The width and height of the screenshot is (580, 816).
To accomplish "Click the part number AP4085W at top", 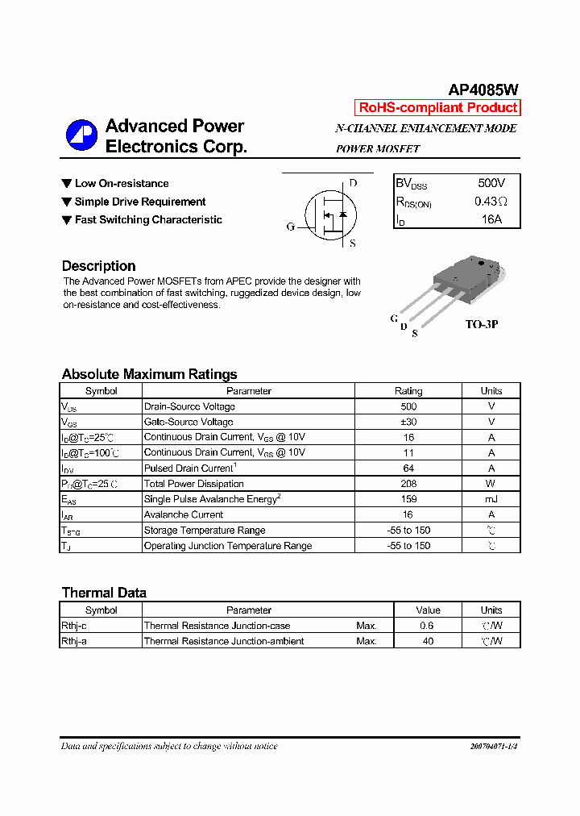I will (483, 91).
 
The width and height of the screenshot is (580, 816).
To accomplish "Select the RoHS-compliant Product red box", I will (437, 108).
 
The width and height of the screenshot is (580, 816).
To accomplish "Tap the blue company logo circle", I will (81, 135).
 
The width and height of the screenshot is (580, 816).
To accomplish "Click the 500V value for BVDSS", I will (491, 184).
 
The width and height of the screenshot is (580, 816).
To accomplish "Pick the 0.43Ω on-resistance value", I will (491, 202).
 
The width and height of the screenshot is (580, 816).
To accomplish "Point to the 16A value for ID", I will (491, 219).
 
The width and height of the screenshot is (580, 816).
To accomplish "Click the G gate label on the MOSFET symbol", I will (291, 227).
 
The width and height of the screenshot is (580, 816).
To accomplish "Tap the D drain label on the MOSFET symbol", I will (353, 183).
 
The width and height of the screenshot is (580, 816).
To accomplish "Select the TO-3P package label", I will (482, 324).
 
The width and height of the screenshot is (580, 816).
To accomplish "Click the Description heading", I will (98, 266).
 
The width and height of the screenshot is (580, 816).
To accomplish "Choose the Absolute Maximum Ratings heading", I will (149, 374).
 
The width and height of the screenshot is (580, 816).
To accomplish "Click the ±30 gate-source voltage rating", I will (408, 422).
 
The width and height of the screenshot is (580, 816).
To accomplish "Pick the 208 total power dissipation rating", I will (408, 484).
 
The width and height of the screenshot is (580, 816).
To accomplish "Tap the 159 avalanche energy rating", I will (408, 499).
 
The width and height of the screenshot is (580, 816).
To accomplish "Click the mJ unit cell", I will (491, 499).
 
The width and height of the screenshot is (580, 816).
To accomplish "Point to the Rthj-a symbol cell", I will (74, 642).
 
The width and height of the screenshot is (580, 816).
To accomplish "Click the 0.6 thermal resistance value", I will (427, 626).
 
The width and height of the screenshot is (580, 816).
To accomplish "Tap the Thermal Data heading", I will (104, 593).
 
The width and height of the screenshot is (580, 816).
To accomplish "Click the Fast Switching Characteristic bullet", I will (148, 220).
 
